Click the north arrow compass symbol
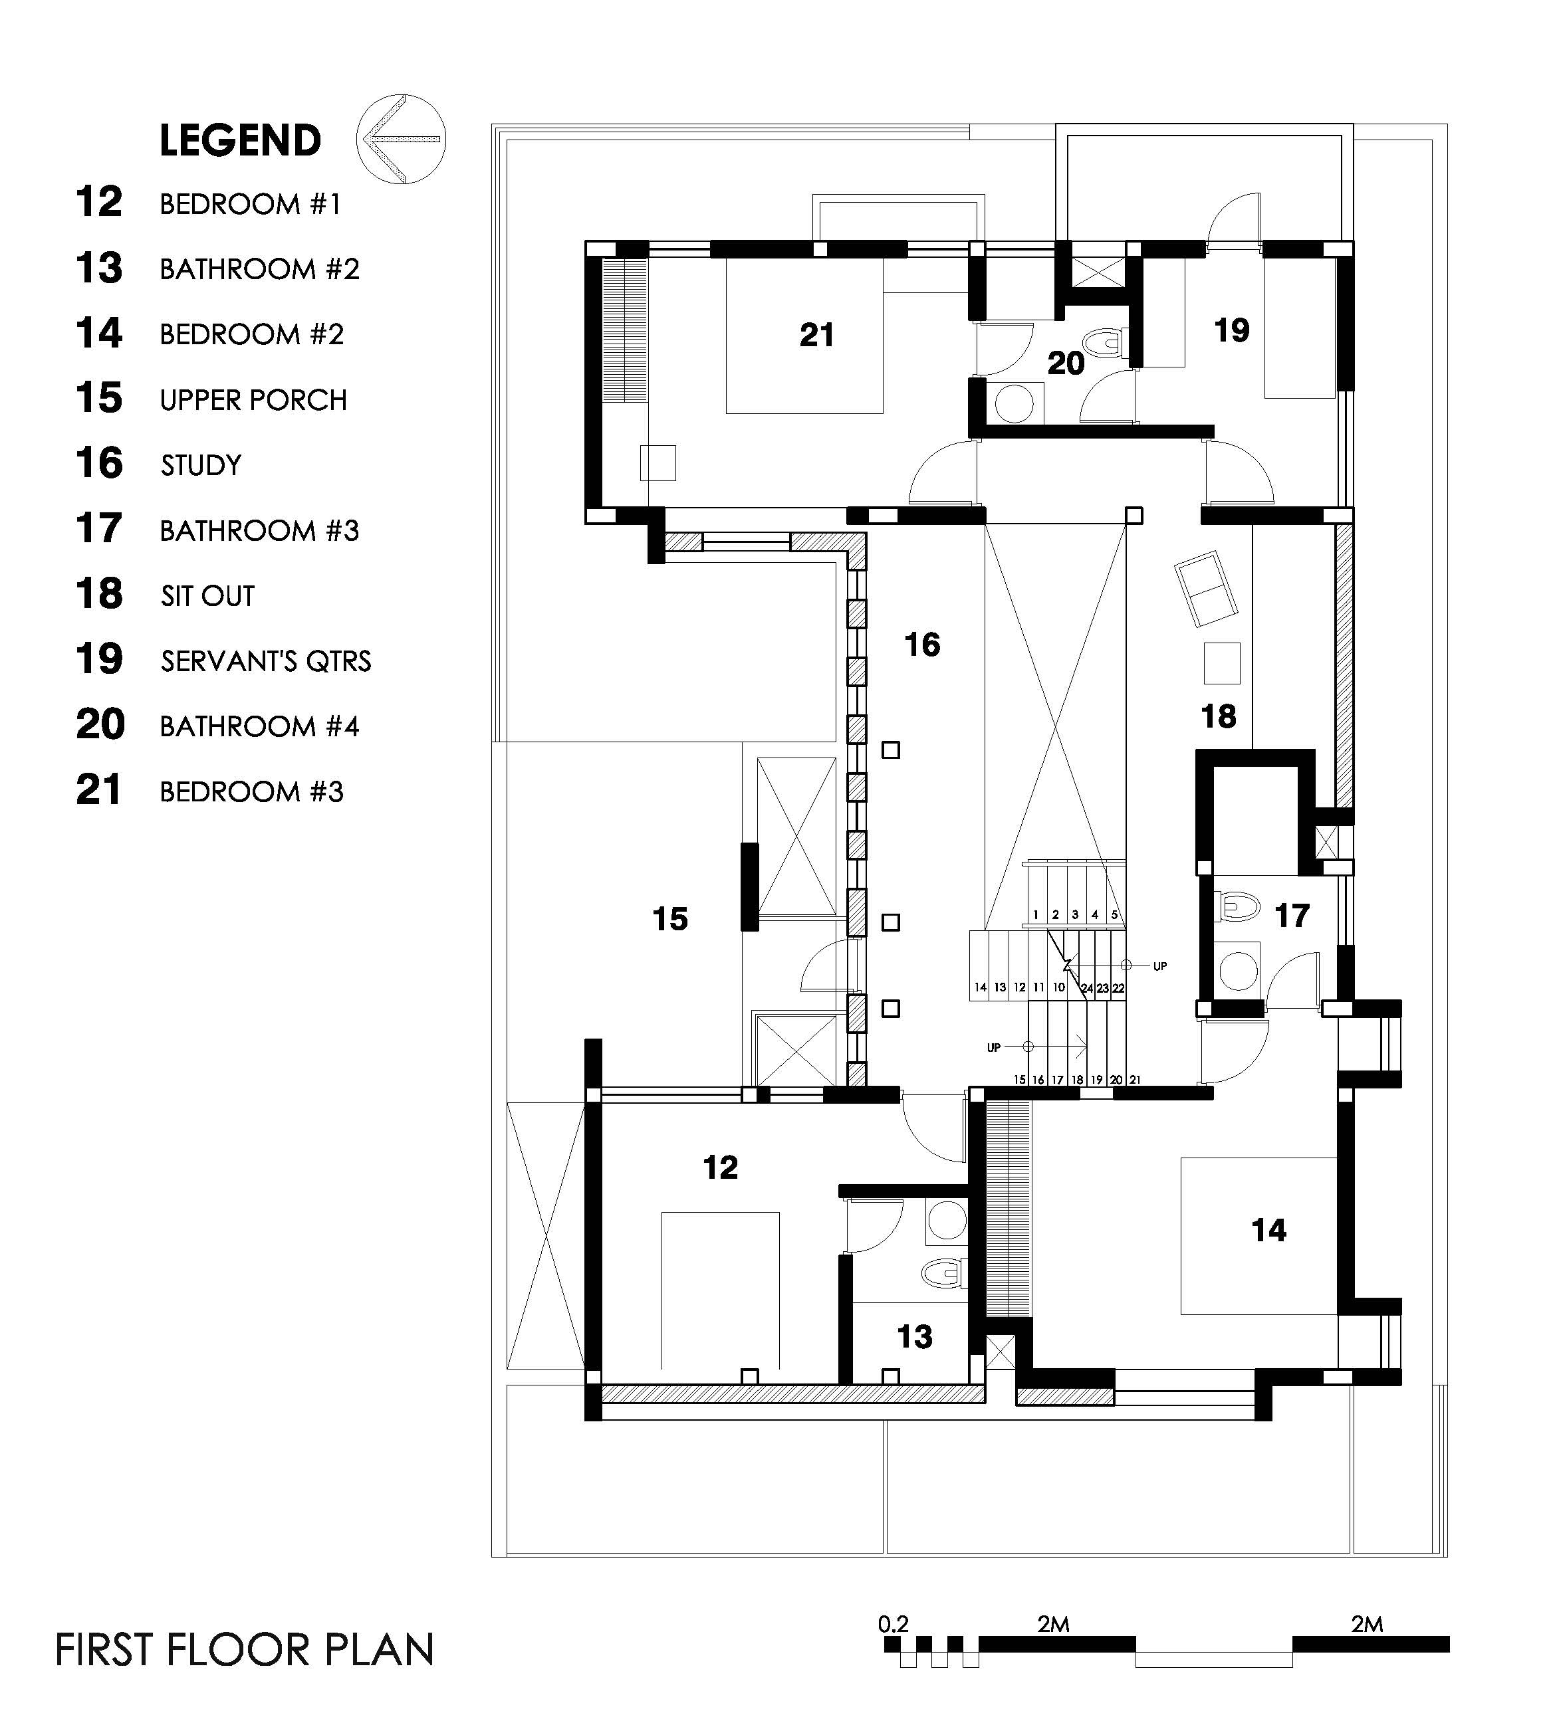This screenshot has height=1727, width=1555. click(x=401, y=138)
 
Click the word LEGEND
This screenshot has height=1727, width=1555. click(x=240, y=141)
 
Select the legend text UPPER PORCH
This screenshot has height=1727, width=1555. click(x=254, y=400)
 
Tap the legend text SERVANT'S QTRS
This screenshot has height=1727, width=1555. click(x=266, y=661)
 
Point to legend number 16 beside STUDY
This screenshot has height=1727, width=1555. click(x=99, y=463)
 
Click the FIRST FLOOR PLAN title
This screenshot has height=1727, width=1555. click(x=245, y=1649)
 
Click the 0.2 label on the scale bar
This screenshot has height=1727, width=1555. click(x=894, y=1623)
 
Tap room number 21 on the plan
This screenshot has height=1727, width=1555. click(x=817, y=335)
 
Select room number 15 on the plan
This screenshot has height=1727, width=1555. click(x=670, y=919)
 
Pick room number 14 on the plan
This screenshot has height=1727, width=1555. click(x=1268, y=1230)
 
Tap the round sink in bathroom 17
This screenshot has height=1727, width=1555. click(x=1237, y=969)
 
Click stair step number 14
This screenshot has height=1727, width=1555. click(x=981, y=987)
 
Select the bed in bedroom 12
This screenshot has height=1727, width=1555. click(x=720, y=1290)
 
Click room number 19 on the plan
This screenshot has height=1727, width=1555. click(x=1232, y=330)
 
